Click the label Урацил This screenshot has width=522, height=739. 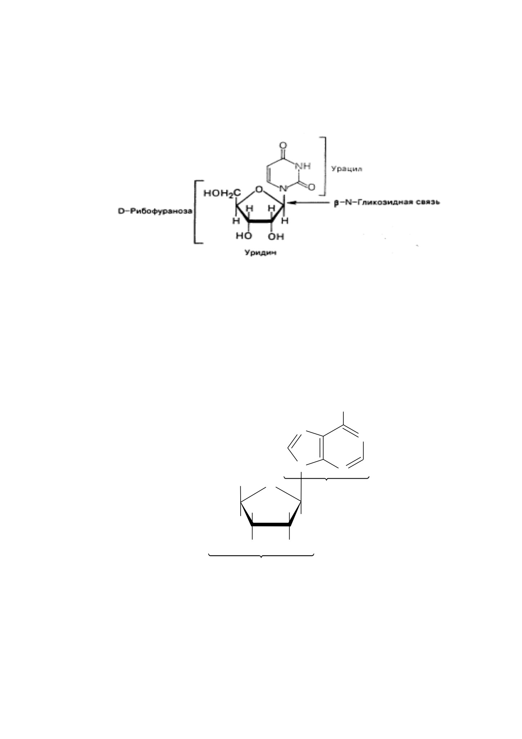tap(347, 169)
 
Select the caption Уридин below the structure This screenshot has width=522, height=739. tap(261, 253)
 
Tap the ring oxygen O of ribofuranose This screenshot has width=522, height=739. tap(258, 189)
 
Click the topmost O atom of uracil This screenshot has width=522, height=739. tap(283, 146)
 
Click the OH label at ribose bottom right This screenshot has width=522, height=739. tap(276, 236)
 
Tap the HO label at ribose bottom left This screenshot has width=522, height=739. tap(244, 236)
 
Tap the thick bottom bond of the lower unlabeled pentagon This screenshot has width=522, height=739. tap(271, 525)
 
